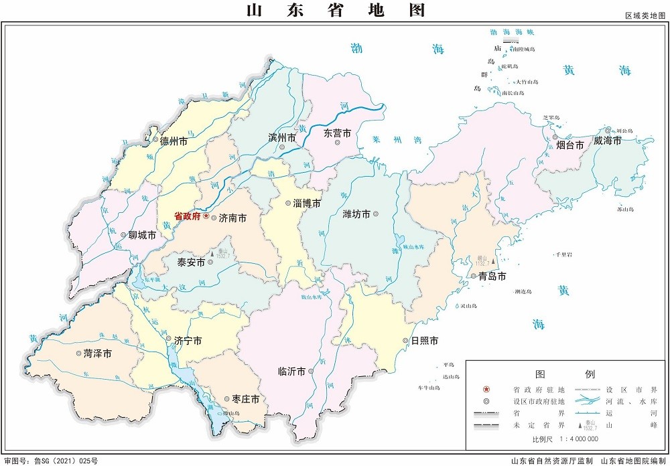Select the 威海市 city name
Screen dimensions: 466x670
(607, 141)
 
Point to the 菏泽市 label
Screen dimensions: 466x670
(98, 353)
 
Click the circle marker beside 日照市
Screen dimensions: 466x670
(405, 341)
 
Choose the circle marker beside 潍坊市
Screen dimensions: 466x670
(376, 214)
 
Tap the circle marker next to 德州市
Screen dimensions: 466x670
(155, 141)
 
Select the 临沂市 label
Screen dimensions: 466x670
(292, 371)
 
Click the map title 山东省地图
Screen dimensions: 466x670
(335, 10)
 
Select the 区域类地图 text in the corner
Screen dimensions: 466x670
(646, 15)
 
